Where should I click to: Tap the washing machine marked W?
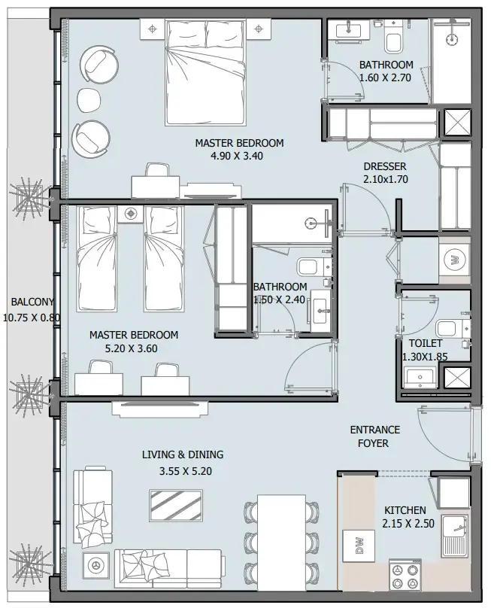(x=454, y=260)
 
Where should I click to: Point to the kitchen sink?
(x=456, y=537)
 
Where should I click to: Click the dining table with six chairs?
(x=281, y=536)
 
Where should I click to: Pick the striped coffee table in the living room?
(x=175, y=504)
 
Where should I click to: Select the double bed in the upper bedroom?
(x=205, y=73)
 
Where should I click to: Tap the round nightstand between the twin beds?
(x=131, y=213)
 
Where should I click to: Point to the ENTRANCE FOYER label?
(x=374, y=436)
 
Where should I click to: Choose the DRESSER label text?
(x=384, y=166)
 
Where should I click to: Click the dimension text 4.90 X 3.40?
(x=238, y=157)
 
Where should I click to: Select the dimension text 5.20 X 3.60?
(x=133, y=348)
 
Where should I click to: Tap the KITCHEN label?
(x=405, y=509)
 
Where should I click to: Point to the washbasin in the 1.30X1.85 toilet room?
(x=417, y=377)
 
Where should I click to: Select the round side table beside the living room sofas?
(x=95, y=565)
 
